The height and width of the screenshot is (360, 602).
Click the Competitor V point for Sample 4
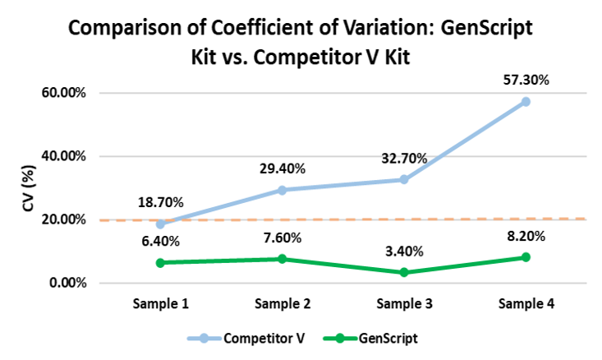526,102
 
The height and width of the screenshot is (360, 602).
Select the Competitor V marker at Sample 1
160,224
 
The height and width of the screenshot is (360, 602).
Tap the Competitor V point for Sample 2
283,190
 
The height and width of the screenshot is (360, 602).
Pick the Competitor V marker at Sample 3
404,179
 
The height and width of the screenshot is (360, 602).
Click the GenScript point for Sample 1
160,263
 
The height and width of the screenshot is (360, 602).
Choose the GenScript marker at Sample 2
283,259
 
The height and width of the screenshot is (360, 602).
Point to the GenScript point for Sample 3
404,272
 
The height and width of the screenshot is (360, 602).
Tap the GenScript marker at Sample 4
526,257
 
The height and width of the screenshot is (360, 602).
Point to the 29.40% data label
283,168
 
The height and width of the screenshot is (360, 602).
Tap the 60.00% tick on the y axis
64,93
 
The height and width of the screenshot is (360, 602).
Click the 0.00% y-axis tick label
67,284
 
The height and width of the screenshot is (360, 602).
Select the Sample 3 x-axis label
404,304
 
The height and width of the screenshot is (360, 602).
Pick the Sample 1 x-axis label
161,304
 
